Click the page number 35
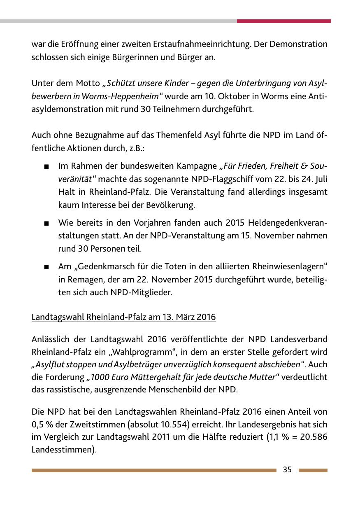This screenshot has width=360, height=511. point(287,469)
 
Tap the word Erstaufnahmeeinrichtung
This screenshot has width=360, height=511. point(204,44)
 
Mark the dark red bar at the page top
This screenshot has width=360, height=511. point(284,21)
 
